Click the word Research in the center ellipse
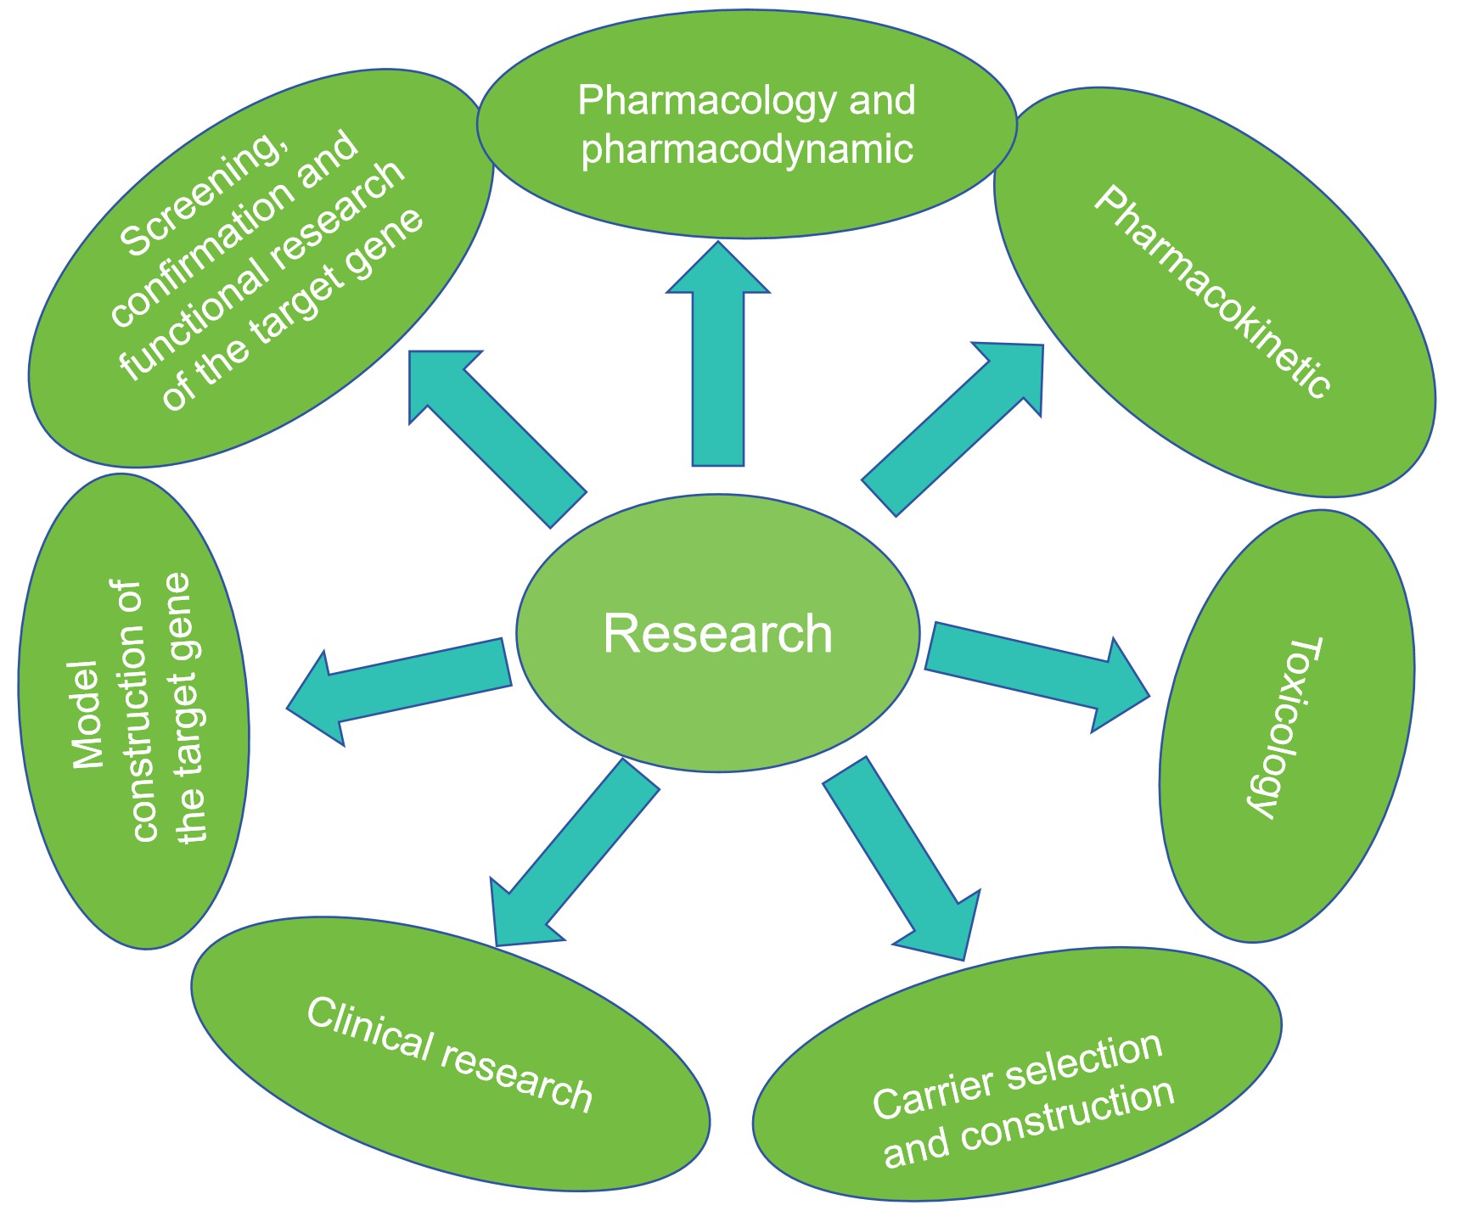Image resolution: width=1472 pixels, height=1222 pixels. [717, 634]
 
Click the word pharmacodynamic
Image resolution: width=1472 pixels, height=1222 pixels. [747, 149]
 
